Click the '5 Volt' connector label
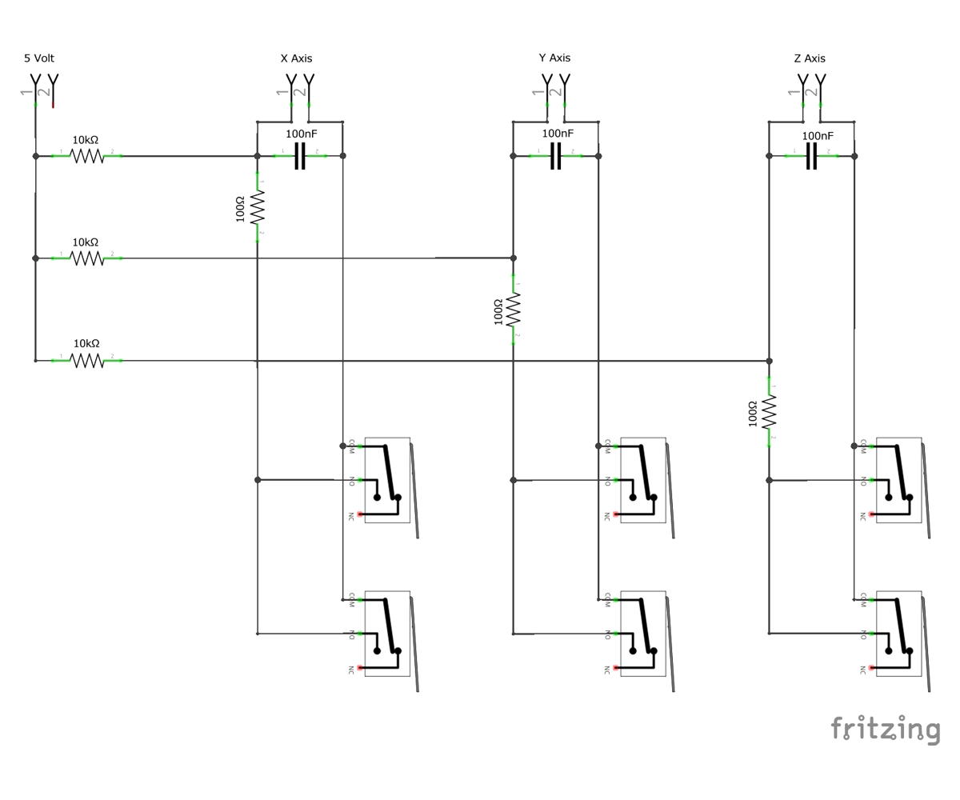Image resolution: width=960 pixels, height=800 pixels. [x=39, y=58]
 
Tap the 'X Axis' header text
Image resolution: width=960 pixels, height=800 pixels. [x=296, y=58]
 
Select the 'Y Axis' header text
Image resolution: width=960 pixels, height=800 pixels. [x=554, y=58]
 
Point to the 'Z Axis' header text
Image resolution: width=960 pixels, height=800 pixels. [x=810, y=58]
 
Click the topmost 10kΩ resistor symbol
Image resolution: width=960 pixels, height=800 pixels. [x=87, y=156]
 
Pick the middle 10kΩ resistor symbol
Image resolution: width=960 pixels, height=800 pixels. [x=87, y=258]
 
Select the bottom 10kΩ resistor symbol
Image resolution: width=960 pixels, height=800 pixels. [x=87, y=361]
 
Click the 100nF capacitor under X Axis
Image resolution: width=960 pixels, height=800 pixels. [x=300, y=156]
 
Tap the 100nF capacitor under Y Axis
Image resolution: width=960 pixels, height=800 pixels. [x=555, y=156]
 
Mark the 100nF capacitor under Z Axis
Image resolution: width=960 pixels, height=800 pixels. [x=811, y=156]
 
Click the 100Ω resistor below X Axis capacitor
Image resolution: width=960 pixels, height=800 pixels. [x=258, y=207]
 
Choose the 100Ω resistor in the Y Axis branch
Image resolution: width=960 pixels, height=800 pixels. [x=514, y=310]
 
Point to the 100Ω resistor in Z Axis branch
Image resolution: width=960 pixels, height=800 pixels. [x=770, y=412]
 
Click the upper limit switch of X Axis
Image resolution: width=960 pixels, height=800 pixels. [x=388, y=480]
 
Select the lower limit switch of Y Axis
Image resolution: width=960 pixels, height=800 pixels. [x=644, y=634]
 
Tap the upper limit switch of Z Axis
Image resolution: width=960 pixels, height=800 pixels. [x=900, y=480]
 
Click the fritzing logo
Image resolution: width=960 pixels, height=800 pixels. [x=886, y=730]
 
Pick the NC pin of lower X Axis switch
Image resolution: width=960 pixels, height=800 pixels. [x=360, y=668]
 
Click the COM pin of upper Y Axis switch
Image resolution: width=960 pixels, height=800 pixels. [x=616, y=446]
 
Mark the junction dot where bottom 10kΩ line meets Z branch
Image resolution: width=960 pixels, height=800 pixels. [x=770, y=361]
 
